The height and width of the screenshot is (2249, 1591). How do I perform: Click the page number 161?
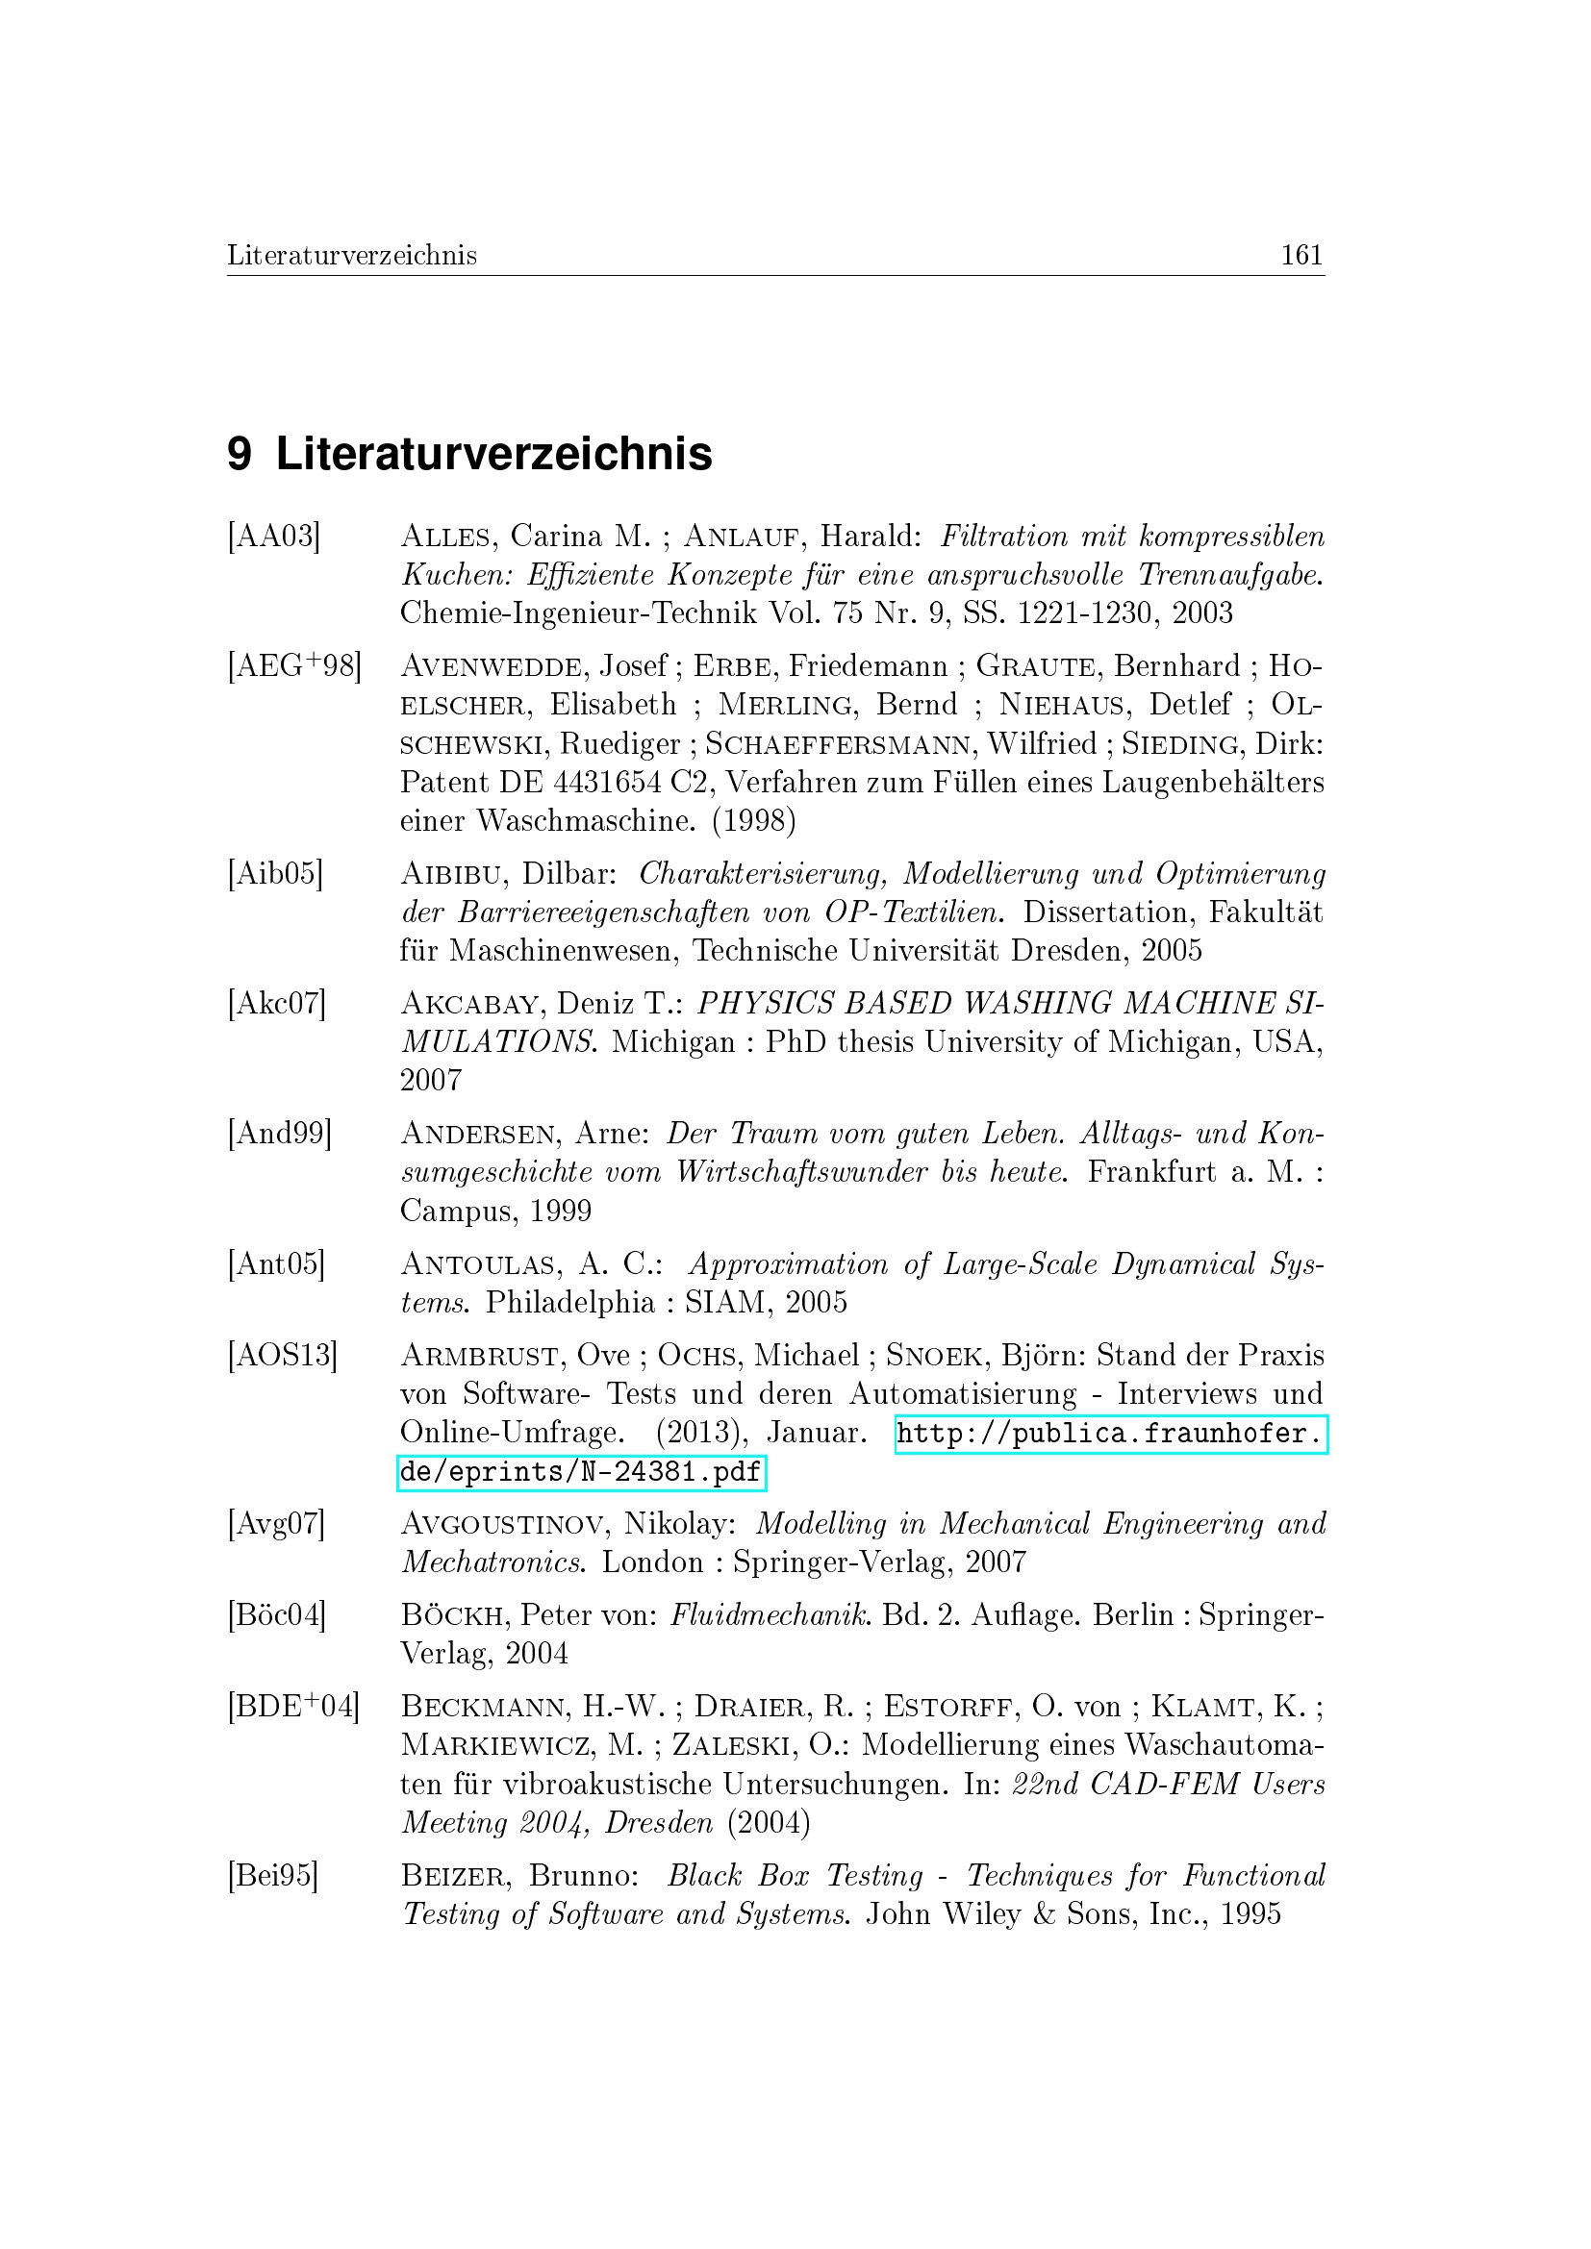click(x=1301, y=256)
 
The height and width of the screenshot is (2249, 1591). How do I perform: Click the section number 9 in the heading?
click(x=240, y=455)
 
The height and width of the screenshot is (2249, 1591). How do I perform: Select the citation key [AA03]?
click(x=273, y=537)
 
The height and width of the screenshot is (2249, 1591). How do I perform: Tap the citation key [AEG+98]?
click(x=294, y=666)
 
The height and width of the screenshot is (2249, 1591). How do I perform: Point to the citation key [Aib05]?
click(x=274, y=873)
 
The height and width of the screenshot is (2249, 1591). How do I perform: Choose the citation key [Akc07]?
click(x=275, y=1003)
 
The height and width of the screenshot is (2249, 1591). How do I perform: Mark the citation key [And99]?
click(x=279, y=1134)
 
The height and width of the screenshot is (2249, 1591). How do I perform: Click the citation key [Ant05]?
click(x=275, y=1263)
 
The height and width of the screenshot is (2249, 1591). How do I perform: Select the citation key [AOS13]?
click(x=282, y=1356)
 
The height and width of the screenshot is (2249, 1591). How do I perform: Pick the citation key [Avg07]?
click(x=275, y=1523)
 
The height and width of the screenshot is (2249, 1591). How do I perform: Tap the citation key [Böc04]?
click(x=276, y=1614)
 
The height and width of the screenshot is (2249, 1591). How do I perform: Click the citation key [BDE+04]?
click(x=293, y=1707)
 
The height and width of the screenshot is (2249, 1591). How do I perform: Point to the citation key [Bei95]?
click(x=272, y=1875)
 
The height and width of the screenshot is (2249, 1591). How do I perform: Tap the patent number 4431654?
click(x=596, y=783)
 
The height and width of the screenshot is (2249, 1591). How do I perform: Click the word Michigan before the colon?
click(x=673, y=1042)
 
